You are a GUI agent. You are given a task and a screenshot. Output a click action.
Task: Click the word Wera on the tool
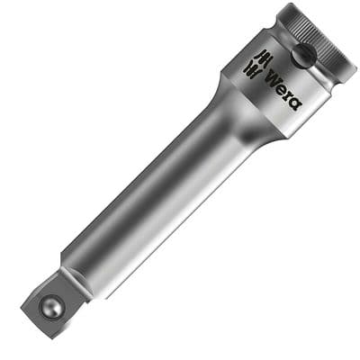pyautogui.click(x=283, y=87)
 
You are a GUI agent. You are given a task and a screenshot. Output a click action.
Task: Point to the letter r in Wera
pyautogui.click(x=287, y=94)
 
